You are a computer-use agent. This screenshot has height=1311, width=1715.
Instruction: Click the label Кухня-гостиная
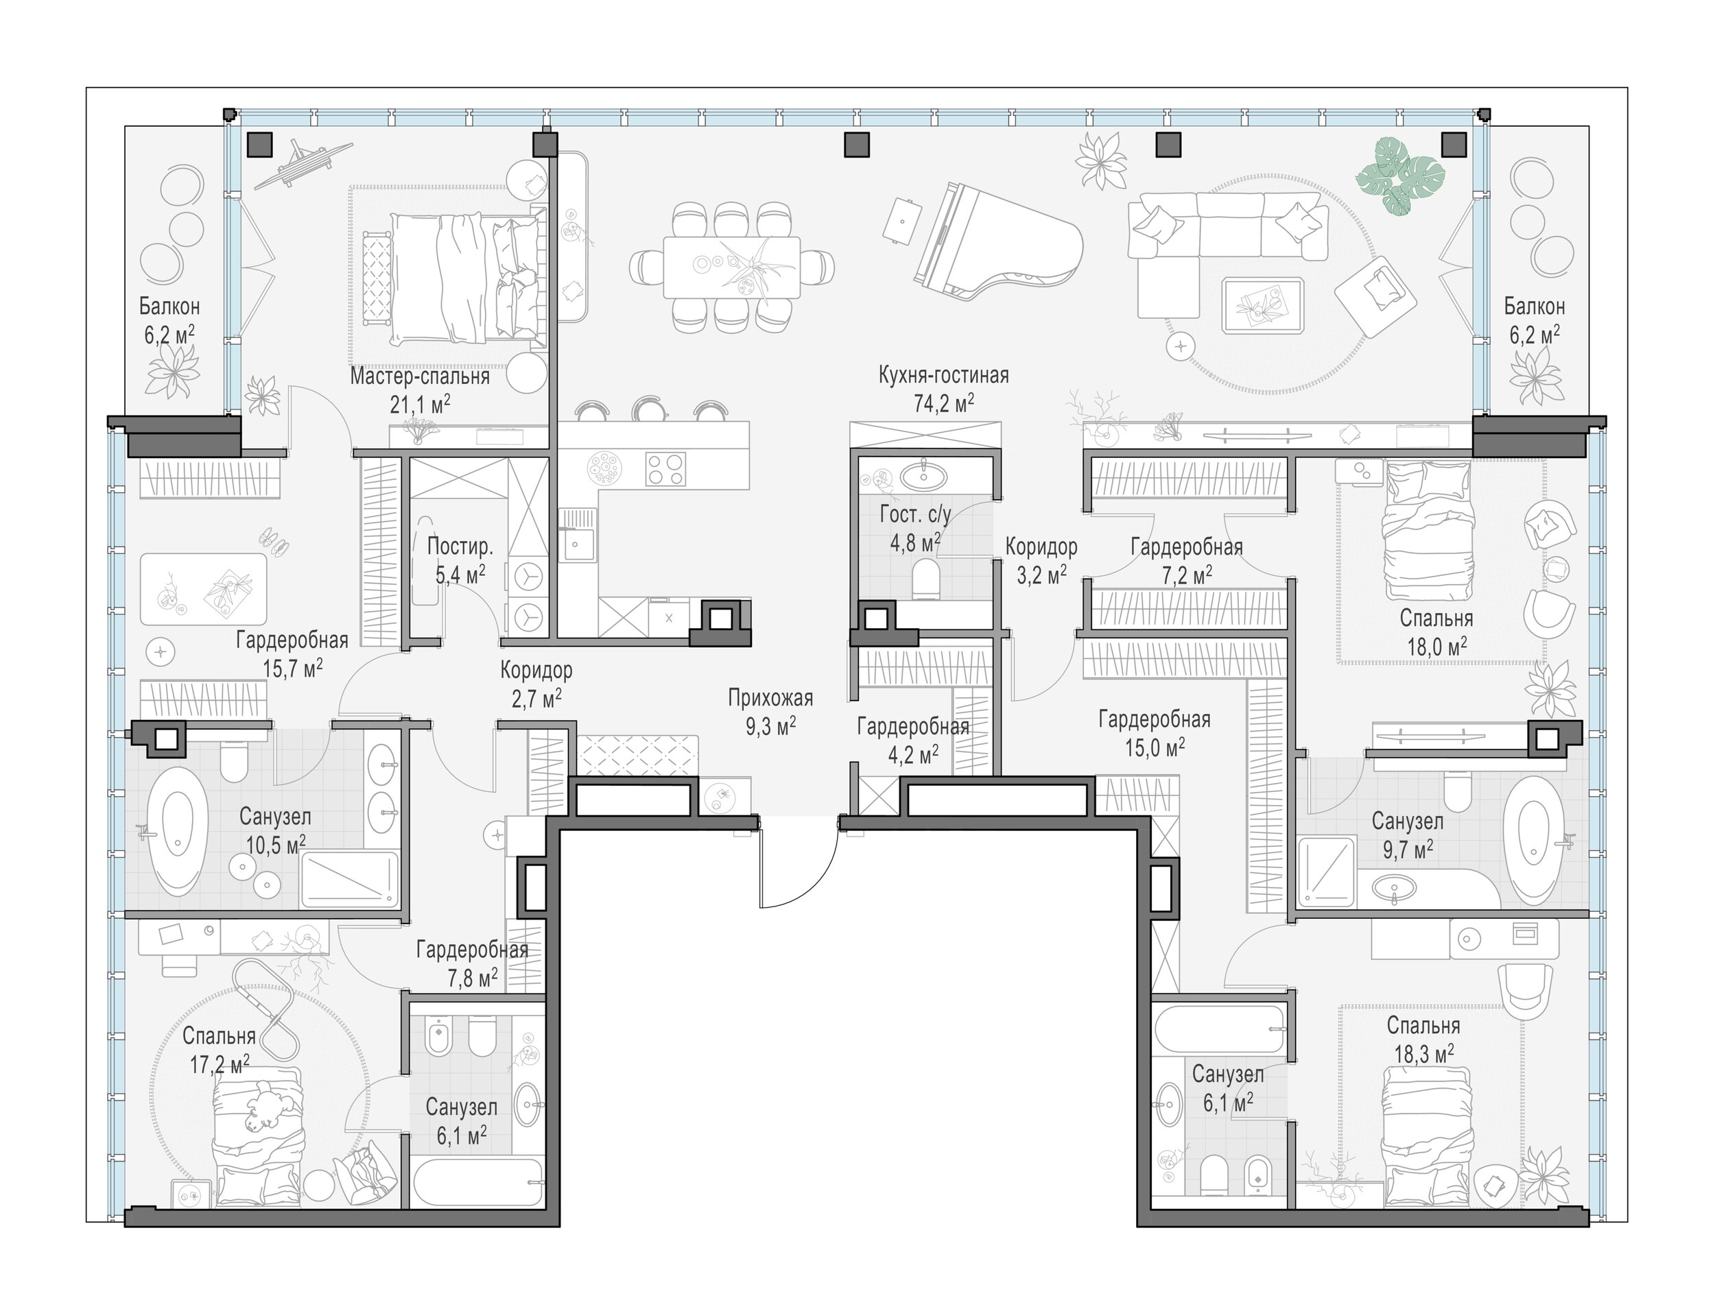coord(943,375)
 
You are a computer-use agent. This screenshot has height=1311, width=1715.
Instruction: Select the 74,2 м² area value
coord(944,402)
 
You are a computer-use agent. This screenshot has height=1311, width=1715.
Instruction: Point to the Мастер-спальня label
coord(419,377)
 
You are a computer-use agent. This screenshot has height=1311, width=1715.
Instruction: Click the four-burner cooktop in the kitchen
coord(665,469)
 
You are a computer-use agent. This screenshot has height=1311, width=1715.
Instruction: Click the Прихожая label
coord(770,697)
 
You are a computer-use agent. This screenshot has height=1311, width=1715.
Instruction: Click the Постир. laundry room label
coord(460,546)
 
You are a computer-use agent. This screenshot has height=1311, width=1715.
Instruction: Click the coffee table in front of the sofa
coord(1262,305)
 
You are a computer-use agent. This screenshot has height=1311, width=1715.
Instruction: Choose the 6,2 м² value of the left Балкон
coord(169,335)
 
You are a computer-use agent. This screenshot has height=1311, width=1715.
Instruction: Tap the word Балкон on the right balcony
coord(1535,306)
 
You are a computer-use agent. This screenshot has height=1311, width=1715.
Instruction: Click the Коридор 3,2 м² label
coord(1041,561)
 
